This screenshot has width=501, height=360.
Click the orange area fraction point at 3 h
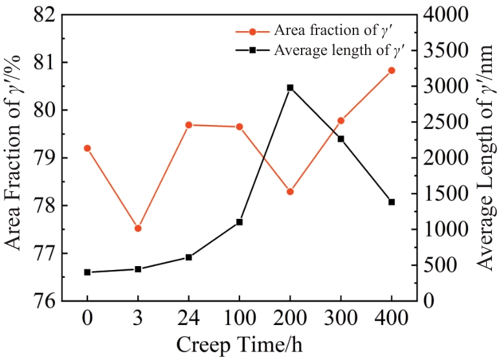(x=138, y=228)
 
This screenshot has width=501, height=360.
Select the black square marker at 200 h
(x=290, y=87)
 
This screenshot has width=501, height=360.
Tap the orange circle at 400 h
(x=392, y=70)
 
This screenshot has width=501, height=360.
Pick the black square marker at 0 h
(x=87, y=272)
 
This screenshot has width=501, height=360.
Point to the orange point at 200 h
(x=290, y=192)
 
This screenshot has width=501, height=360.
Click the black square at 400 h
(x=392, y=202)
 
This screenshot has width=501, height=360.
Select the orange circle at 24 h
(x=188, y=124)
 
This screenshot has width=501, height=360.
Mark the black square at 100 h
(x=239, y=222)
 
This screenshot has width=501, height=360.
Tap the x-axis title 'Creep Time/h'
(x=239, y=344)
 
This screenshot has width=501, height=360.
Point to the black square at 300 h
(x=340, y=139)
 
